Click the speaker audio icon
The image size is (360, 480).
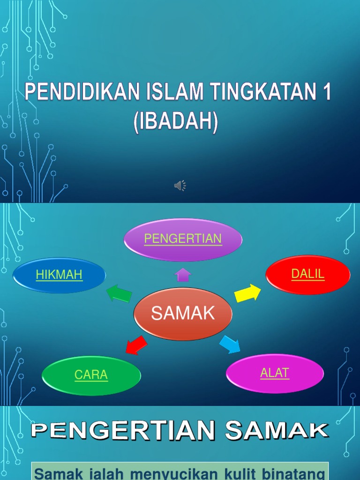pos(180,186)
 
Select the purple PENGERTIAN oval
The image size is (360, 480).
pos(183,239)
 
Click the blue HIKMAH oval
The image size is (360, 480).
pos(59,275)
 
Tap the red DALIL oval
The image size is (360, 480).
pos(308,274)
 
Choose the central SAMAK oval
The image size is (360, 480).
pos(183,314)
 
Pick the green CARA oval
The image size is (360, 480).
pos(91,375)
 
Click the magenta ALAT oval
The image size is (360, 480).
pos(275,373)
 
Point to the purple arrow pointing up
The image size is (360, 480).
pos(183,274)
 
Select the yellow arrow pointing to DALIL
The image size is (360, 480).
pos(247,293)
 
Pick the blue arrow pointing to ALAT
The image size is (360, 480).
pos(230,344)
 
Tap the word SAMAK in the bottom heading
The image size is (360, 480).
pos(276,430)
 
